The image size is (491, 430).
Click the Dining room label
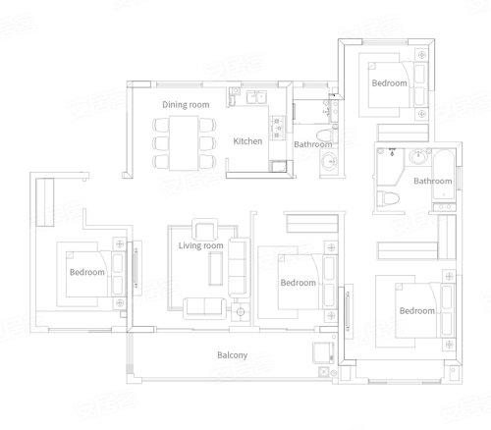(x=186, y=105)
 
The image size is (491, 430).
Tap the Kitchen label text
(x=247, y=141)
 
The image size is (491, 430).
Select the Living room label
(x=200, y=245)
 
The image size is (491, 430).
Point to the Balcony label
(x=232, y=355)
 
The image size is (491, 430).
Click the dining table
(x=184, y=143)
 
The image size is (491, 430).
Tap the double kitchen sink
(x=256, y=97)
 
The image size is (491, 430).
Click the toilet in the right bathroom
(x=388, y=199)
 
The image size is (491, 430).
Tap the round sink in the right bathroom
(x=418, y=157)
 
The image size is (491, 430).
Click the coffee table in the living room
(x=216, y=269)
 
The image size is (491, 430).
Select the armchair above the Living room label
(x=204, y=229)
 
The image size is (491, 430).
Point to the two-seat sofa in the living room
(x=204, y=308)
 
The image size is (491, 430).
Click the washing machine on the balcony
(x=323, y=352)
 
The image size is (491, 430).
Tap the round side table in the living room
(x=241, y=312)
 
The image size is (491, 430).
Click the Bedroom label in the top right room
(x=389, y=83)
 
